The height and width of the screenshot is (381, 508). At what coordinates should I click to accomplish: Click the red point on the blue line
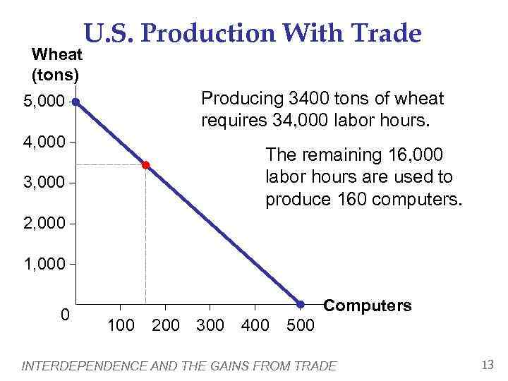(145, 165)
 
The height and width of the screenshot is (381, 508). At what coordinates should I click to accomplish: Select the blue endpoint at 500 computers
(300, 304)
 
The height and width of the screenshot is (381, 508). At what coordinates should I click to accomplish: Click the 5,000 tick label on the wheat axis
(43, 102)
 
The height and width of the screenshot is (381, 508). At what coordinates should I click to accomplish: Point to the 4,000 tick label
(43, 143)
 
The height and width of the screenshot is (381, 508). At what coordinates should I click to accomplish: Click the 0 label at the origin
(65, 315)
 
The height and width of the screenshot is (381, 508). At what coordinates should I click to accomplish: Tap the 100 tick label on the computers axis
(121, 325)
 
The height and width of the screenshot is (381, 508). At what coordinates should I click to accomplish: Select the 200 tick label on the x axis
(166, 325)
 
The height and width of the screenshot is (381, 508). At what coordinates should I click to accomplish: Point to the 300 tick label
(210, 325)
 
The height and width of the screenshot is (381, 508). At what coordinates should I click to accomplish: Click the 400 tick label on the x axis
(255, 325)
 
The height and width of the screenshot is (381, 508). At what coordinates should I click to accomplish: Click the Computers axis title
(367, 306)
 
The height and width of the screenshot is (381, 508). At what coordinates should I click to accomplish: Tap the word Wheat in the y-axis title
(57, 54)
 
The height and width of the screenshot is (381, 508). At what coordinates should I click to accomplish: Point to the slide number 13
(487, 365)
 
